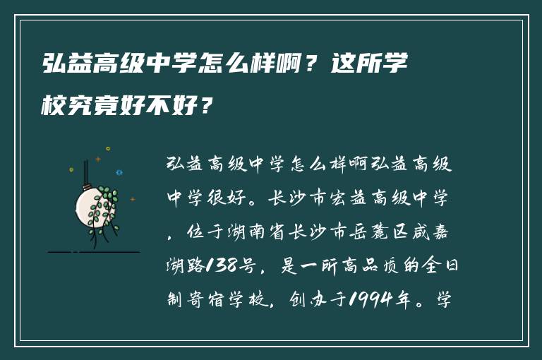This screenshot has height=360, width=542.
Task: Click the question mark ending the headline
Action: tap(205, 107)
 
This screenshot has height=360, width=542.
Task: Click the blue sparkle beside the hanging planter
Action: tap(119, 172)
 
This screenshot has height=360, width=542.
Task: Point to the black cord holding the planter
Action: tap(86, 169)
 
